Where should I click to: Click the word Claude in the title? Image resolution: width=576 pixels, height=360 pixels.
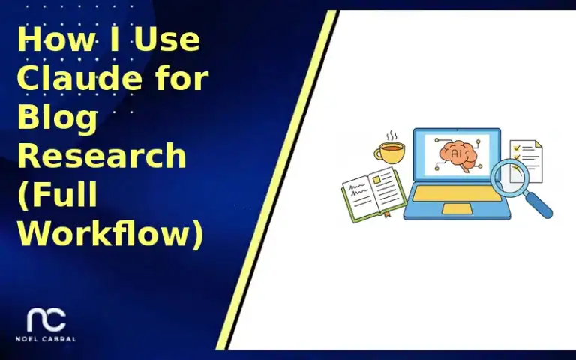click(70, 78)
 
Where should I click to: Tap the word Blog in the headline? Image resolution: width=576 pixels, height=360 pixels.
click(57, 118)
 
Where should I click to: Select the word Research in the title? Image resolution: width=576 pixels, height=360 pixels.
click(101, 157)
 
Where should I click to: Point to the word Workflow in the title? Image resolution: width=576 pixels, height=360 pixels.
click(109, 235)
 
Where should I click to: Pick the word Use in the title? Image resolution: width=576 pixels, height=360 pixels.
click(167, 39)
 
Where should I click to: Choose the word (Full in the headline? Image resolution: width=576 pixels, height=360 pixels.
click(58, 196)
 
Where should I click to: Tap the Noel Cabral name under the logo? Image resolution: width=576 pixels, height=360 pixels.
click(46, 339)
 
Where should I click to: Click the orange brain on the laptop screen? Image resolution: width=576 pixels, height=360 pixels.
click(457, 152)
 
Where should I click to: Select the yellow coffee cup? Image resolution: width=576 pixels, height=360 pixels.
click(391, 154)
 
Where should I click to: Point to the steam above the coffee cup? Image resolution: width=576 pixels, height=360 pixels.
click(391, 136)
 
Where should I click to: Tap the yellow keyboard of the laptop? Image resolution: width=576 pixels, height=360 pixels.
click(457, 194)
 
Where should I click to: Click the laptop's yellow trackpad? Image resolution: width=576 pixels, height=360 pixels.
click(457, 209)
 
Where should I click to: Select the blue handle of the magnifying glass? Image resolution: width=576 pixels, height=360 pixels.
click(538, 203)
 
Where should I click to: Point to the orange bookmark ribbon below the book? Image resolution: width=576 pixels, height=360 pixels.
click(388, 214)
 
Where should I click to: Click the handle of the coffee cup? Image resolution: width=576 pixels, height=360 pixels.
click(378, 155)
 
